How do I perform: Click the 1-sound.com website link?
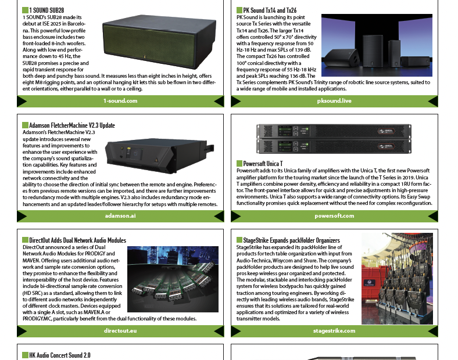pyautogui.click(x=120, y=101)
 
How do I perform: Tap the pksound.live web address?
pyautogui.click(x=334, y=101)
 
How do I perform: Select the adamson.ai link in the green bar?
pyautogui.click(x=120, y=216)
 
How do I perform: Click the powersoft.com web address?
pyautogui.click(x=334, y=216)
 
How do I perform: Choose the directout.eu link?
pyautogui.click(x=120, y=331)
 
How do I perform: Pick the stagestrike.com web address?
pyautogui.click(x=334, y=331)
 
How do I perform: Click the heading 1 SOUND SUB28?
pyautogui.click(x=46, y=10)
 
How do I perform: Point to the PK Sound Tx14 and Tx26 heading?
pyautogui.click(x=270, y=10)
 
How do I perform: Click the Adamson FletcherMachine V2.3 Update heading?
pyautogui.click(x=72, y=125)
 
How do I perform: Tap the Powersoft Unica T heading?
pyautogui.click(x=263, y=164)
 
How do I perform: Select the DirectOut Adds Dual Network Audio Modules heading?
pyautogui.click(x=78, y=240)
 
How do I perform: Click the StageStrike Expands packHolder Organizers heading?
pyautogui.click(x=292, y=240)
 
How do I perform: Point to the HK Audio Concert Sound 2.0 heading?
pyautogui.click(x=60, y=355)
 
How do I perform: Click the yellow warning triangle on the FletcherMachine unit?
pyautogui.click(x=156, y=160)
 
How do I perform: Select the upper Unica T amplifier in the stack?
pyautogui.click(x=334, y=131)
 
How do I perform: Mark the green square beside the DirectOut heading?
pyautogui.click(x=26, y=240)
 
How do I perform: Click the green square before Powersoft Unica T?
pyautogui.click(x=239, y=164)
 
